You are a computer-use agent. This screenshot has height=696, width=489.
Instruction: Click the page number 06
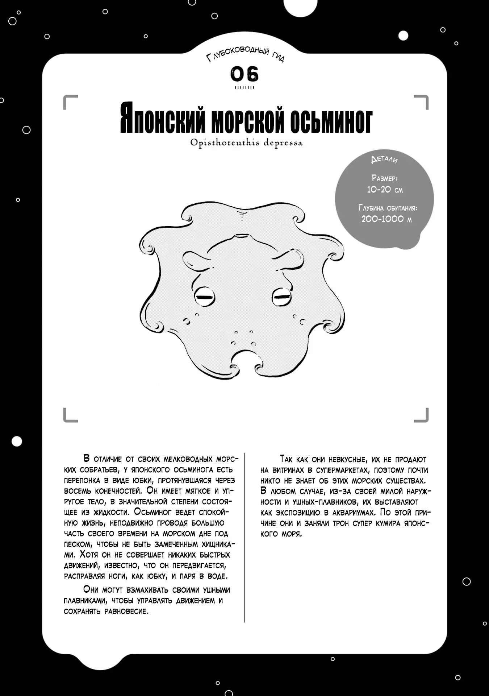pos(244,74)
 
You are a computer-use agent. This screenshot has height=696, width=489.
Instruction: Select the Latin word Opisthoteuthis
pos(225,142)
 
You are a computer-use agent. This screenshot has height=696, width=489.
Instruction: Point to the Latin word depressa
pos(283,143)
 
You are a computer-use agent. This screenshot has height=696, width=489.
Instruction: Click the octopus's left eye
pos(205,297)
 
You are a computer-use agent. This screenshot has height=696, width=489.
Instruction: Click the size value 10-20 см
pos(385,190)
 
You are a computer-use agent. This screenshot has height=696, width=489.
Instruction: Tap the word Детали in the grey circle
pos(384,159)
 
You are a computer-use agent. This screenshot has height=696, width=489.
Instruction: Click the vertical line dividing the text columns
pos(245,536)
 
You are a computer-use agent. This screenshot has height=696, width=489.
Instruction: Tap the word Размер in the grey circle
pos(384,178)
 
